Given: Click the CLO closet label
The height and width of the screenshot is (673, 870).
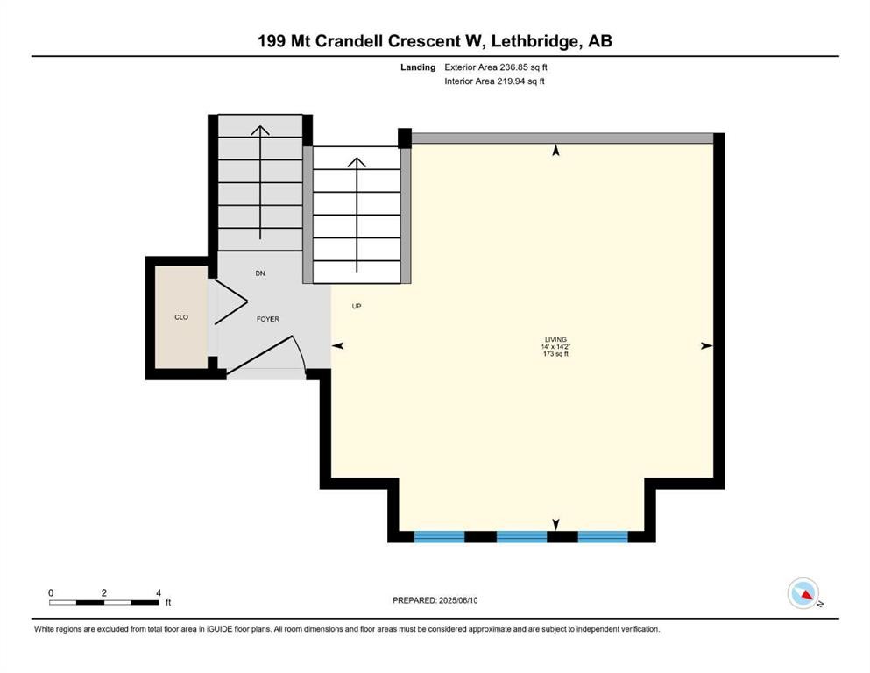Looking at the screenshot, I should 181,318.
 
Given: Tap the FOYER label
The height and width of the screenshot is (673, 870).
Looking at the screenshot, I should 268,319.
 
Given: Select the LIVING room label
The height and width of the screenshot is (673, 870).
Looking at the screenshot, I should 555,339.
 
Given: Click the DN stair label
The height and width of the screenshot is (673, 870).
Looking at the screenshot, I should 260,273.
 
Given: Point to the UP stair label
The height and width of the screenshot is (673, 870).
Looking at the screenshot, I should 357,307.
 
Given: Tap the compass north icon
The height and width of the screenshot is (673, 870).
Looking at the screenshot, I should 803,593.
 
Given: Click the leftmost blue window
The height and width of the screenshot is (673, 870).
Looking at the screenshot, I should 439,536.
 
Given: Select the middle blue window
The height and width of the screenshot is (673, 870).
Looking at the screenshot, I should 521,536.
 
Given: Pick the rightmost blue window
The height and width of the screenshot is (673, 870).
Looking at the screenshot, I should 603,536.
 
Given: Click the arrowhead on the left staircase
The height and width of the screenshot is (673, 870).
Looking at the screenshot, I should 260,131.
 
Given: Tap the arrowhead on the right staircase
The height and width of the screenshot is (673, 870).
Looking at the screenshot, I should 357,162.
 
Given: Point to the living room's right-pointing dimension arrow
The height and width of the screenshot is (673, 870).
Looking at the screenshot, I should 706,346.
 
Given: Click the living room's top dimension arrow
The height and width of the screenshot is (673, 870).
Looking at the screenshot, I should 555,152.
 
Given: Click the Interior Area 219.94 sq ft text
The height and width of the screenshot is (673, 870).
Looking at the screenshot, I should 495,81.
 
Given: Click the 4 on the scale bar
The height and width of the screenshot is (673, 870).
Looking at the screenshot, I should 159,593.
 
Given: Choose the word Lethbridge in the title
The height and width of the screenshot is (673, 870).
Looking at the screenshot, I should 545,40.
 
